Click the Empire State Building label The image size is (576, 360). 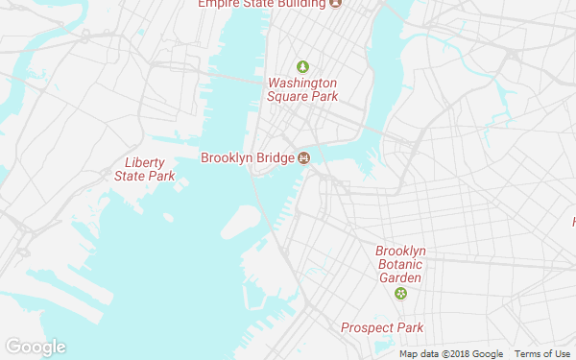(261, 4)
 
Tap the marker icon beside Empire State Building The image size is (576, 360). (335, 4)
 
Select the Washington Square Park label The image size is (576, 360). (302, 89)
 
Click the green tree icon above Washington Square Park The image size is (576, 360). (302, 66)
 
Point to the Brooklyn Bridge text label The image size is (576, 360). (247, 158)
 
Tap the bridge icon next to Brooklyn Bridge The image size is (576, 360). (303, 158)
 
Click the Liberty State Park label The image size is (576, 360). (145, 169)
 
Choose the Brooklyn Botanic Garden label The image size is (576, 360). (400, 264)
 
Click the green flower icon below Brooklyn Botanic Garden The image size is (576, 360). (400, 293)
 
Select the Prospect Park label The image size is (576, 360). (382, 328)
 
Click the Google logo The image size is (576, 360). (35, 347)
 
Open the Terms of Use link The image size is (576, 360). (544, 354)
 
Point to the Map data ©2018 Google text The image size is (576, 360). (451, 354)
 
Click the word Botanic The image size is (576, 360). (400, 264)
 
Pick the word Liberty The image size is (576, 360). (145, 162)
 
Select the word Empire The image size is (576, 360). (216, 4)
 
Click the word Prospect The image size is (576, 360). (369, 328)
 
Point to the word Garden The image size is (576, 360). (400, 277)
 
